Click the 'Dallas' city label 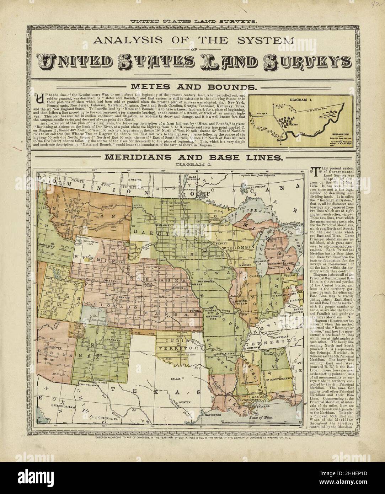(176, 379)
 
